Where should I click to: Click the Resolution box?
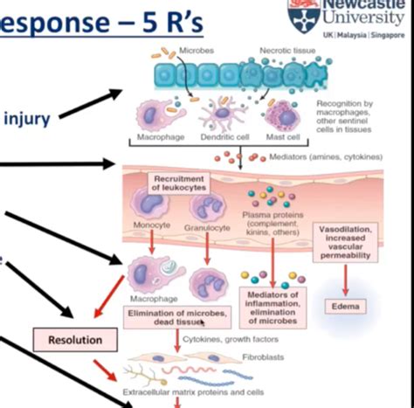pyautogui.click(x=75, y=339)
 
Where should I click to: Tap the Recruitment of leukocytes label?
pyautogui.click(x=178, y=183)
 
